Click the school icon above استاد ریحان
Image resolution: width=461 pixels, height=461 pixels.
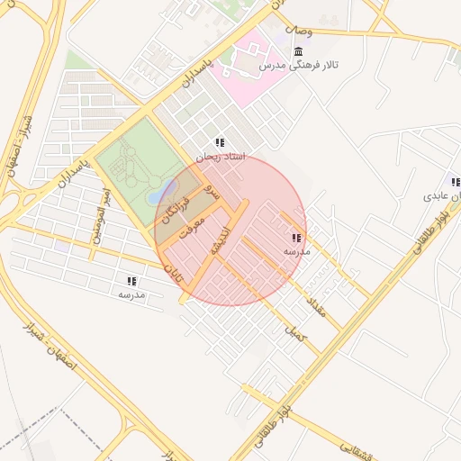(220, 142)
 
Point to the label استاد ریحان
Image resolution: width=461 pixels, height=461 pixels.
(220, 157)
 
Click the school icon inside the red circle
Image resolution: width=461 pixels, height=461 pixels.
(296, 238)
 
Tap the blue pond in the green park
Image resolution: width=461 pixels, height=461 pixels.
(158, 192)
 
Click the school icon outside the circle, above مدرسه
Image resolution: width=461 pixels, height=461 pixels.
(131, 281)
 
